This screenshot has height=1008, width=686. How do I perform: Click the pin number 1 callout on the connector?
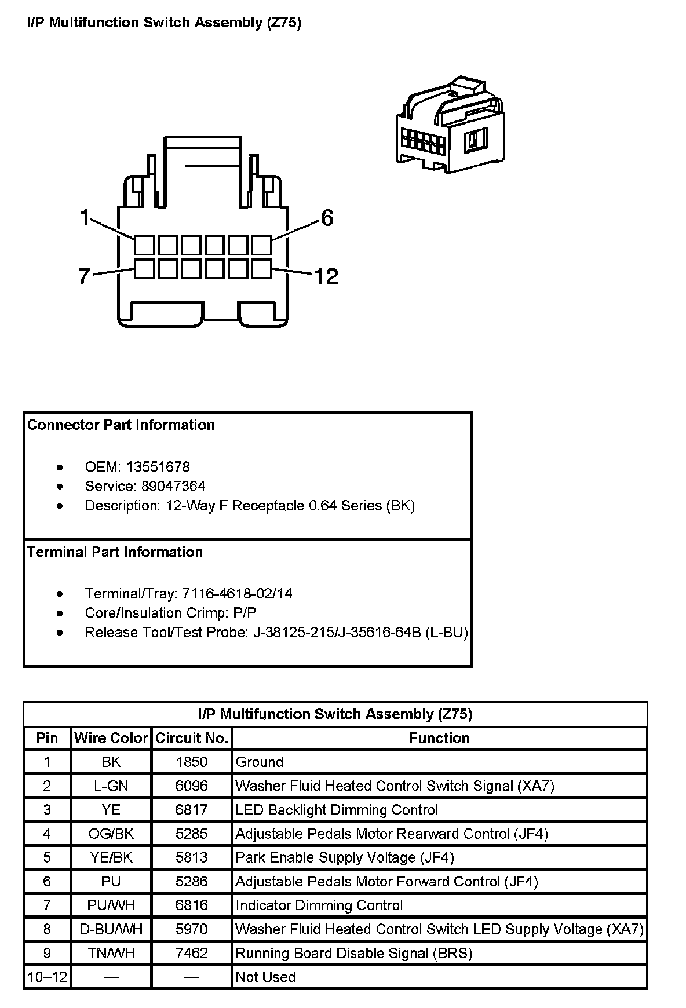coord(85,218)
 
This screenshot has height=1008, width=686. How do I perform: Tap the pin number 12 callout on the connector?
coord(326,276)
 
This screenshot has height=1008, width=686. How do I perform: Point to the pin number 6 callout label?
coord(327,218)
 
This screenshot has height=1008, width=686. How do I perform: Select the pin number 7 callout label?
coord(84,276)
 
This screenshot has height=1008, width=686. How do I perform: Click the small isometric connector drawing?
coord(450,125)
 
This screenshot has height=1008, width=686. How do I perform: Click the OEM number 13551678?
coord(158,467)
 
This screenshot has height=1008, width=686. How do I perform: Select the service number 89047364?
coord(174,486)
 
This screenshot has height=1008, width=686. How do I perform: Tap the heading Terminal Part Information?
coord(115,552)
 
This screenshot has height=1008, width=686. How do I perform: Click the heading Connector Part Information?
coord(121,425)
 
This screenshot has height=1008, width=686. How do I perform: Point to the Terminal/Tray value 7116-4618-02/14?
coord(237,593)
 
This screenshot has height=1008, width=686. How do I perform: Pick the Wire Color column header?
coord(111,738)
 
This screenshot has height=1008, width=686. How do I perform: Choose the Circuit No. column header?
coord(191,738)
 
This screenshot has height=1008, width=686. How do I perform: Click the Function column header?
coord(439,738)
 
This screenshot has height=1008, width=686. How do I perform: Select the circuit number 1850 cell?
coord(191,762)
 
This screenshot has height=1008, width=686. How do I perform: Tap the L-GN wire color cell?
coord(111,786)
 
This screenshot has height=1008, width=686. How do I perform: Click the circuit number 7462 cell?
coord(191,953)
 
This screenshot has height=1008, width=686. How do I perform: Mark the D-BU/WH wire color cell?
coord(111,929)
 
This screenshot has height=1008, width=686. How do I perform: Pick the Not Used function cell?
coord(265,977)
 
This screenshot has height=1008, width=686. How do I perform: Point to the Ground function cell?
coord(259,762)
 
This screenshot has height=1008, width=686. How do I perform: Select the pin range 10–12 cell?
coord(47,977)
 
